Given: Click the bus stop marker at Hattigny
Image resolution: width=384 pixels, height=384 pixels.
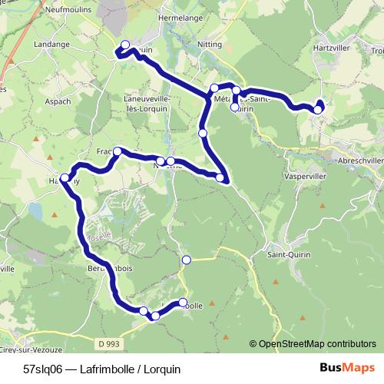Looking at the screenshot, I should pyautogui.click(x=65, y=178).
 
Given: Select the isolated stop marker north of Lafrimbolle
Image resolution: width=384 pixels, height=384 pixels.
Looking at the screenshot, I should pyautogui.click(x=185, y=260).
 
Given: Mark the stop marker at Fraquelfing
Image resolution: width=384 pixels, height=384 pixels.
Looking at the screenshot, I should pyautogui.click(x=118, y=151).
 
